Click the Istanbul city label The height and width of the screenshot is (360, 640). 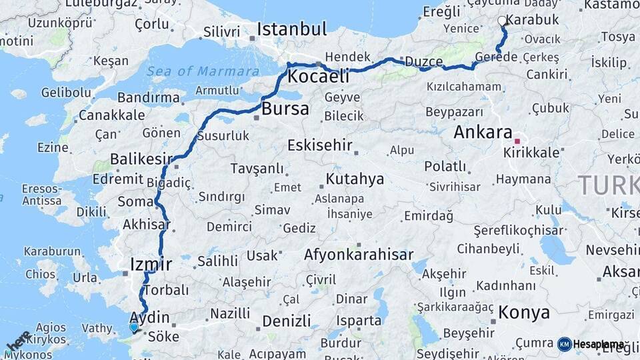pos(291,29)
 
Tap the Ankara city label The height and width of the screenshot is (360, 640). pos(483,132)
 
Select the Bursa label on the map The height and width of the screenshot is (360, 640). pos(285,109)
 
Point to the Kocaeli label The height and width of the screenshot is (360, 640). pos(318,77)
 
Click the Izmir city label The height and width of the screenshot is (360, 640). pos(151,263)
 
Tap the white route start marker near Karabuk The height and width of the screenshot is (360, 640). pos(502,21)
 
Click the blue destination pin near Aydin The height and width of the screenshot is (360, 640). pos(134,327)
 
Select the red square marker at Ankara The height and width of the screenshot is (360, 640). pos(517,141)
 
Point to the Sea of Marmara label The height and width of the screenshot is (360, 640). pos(203,71)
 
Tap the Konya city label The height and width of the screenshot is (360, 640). pos(524,313)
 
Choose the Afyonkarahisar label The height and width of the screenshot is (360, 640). pos(359,255)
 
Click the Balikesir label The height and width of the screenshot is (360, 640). pos(141,159)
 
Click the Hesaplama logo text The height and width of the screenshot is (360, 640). pos(598,344)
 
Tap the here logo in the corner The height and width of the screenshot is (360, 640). pos(19,342)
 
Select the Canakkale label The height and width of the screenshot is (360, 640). pos(111,115)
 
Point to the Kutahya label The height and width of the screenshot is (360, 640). pos(355,179)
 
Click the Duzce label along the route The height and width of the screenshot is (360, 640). pos(424,62)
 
